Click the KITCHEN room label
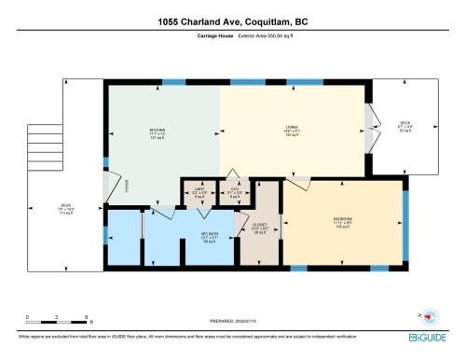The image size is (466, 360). (156, 131)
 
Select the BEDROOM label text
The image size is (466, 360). (343, 221)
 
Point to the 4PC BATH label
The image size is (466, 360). (197, 234)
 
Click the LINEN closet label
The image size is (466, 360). (199, 190)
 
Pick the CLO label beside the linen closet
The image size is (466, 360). (234, 190)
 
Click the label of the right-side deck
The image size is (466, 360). (404, 122)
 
